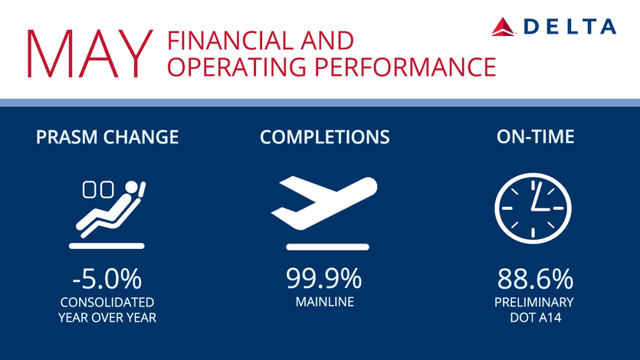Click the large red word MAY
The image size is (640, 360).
point(90,54)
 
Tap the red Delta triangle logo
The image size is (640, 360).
point(503,27)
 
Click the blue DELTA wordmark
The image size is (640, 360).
point(570,27)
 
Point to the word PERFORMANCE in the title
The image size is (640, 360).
point(405,67)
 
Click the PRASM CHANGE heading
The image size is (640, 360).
point(107,137)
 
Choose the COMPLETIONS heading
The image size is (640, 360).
point(325,137)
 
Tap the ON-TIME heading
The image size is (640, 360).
point(536,136)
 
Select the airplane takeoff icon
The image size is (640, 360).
point(324,203)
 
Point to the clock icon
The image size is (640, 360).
point(533,208)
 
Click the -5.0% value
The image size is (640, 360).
point(107,279)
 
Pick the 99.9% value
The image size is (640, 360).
point(323,279)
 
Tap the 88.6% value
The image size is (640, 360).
point(535,279)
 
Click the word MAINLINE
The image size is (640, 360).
point(325,302)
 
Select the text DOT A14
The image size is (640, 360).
point(536,318)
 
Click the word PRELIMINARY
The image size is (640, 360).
point(534,303)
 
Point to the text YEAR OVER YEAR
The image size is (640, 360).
point(107,318)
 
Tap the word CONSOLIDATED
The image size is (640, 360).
point(107,303)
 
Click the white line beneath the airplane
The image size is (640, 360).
point(328,247)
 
